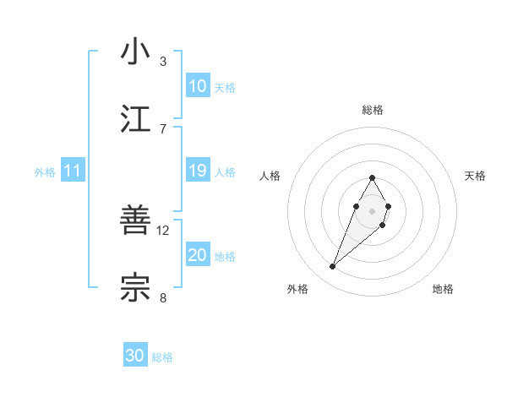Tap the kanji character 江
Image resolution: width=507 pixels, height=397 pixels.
(136, 119)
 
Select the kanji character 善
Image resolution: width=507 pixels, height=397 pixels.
(136, 220)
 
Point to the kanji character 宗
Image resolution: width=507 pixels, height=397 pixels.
(136, 288)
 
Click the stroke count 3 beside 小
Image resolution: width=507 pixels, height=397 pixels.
(163, 62)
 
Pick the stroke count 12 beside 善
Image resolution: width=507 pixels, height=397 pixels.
(163, 230)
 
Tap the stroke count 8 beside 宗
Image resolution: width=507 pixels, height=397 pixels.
(163, 297)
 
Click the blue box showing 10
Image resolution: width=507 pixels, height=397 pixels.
(197, 86)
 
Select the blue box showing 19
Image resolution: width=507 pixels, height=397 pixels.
(197, 171)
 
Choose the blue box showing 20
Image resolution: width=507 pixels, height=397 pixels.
(197, 255)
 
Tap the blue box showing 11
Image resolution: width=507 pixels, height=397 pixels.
(72, 171)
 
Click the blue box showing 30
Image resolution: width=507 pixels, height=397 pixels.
(135, 356)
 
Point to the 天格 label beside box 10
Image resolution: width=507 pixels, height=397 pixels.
(225, 88)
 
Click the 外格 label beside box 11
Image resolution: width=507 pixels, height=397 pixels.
(45, 172)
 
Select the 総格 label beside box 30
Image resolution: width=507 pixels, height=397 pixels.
(162, 357)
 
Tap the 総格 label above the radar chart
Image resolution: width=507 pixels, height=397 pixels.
(372, 110)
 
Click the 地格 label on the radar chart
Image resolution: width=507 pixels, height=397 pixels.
(443, 289)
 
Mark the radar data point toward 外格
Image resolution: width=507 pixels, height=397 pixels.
(332, 267)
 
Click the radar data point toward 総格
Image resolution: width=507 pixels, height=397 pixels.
(372, 177)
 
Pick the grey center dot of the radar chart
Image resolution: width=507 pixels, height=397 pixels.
(372, 209)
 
